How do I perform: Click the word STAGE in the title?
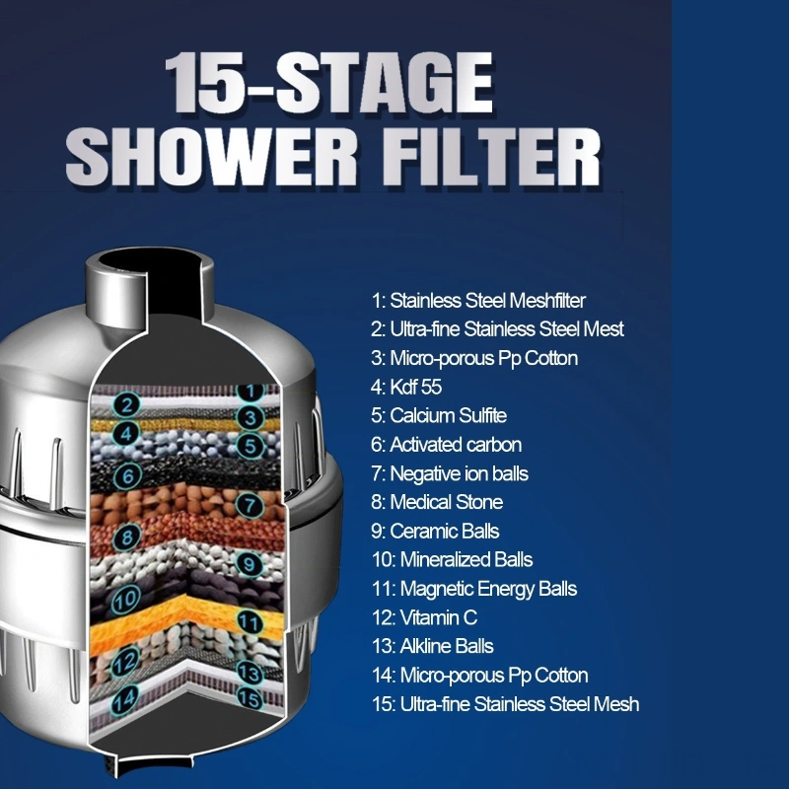[384, 83]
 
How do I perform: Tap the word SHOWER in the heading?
[211, 157]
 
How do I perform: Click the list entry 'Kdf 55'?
[406, 387]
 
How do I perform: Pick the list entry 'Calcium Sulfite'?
[439, 415]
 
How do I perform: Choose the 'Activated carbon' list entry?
[446, 445]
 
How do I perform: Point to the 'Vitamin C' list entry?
[424, 617]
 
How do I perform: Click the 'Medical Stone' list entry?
[437, 502]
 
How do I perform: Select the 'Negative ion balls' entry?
[450, 473]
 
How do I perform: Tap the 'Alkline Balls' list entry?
[432, 646]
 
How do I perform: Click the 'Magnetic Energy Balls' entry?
[474, 589]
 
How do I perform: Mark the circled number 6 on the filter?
[127, 476]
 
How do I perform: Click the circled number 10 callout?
[125, 599]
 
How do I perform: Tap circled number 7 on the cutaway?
[250, 505]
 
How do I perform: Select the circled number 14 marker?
[125, 699]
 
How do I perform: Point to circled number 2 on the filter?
[126, 404]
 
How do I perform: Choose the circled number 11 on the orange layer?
[250, 622]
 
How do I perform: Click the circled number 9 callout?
[250, 563]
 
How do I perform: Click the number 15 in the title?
[210, 83]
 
